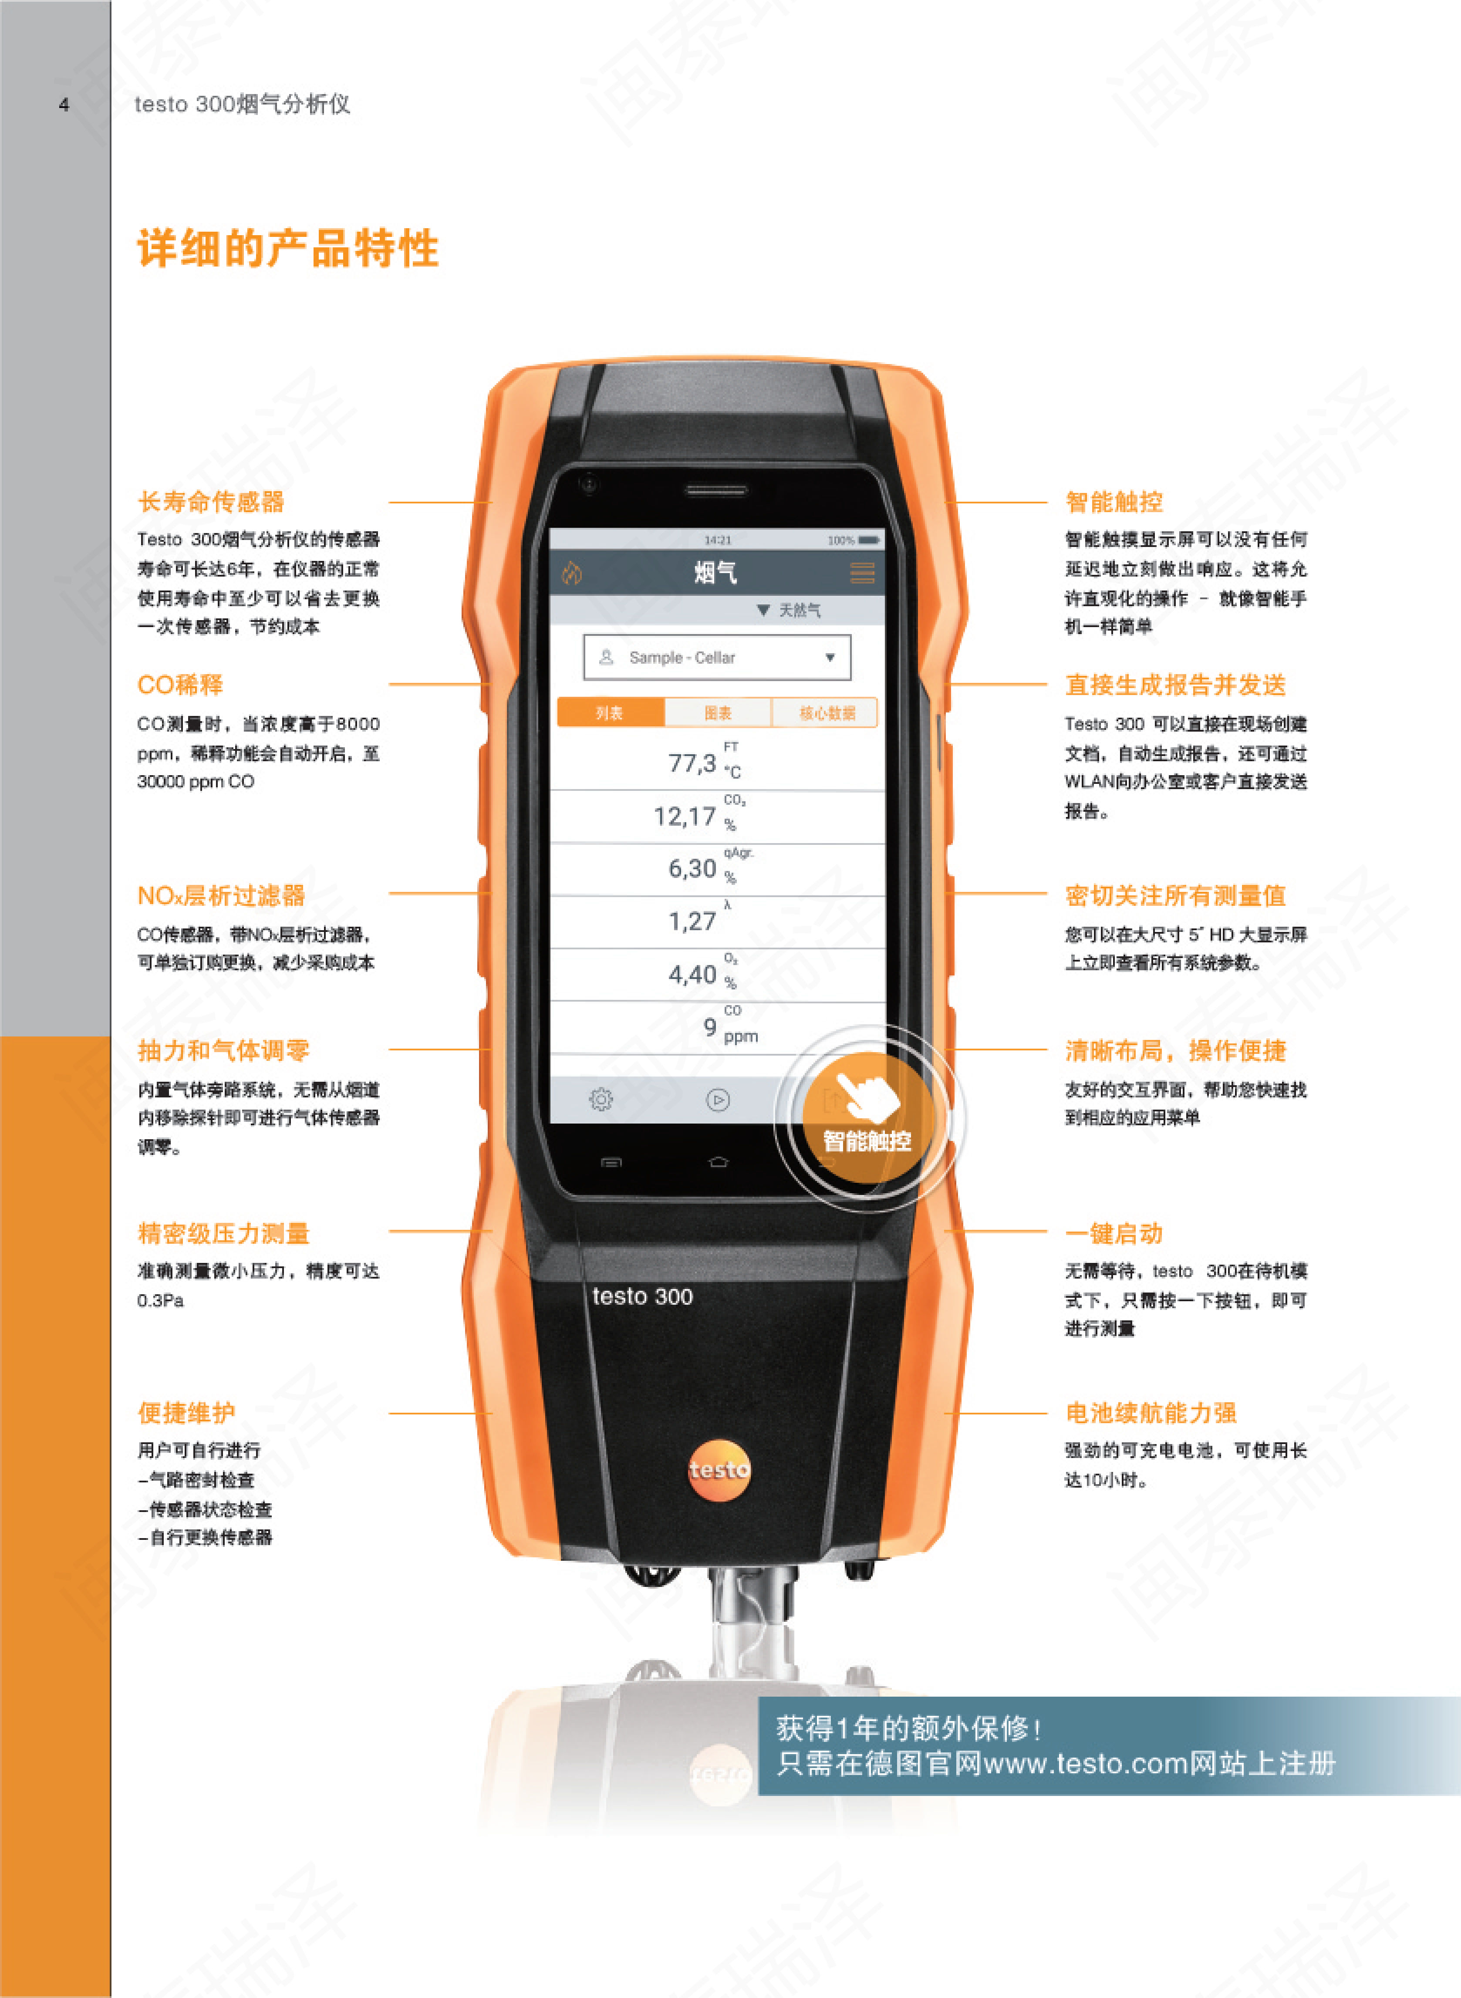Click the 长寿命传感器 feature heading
211,503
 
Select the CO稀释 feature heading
180,685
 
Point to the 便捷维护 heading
187,1412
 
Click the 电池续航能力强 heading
1151,1412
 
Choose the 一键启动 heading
1113,1233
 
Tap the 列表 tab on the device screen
609,713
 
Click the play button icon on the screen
717,1100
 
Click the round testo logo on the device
719,1469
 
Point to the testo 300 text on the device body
642,1296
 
